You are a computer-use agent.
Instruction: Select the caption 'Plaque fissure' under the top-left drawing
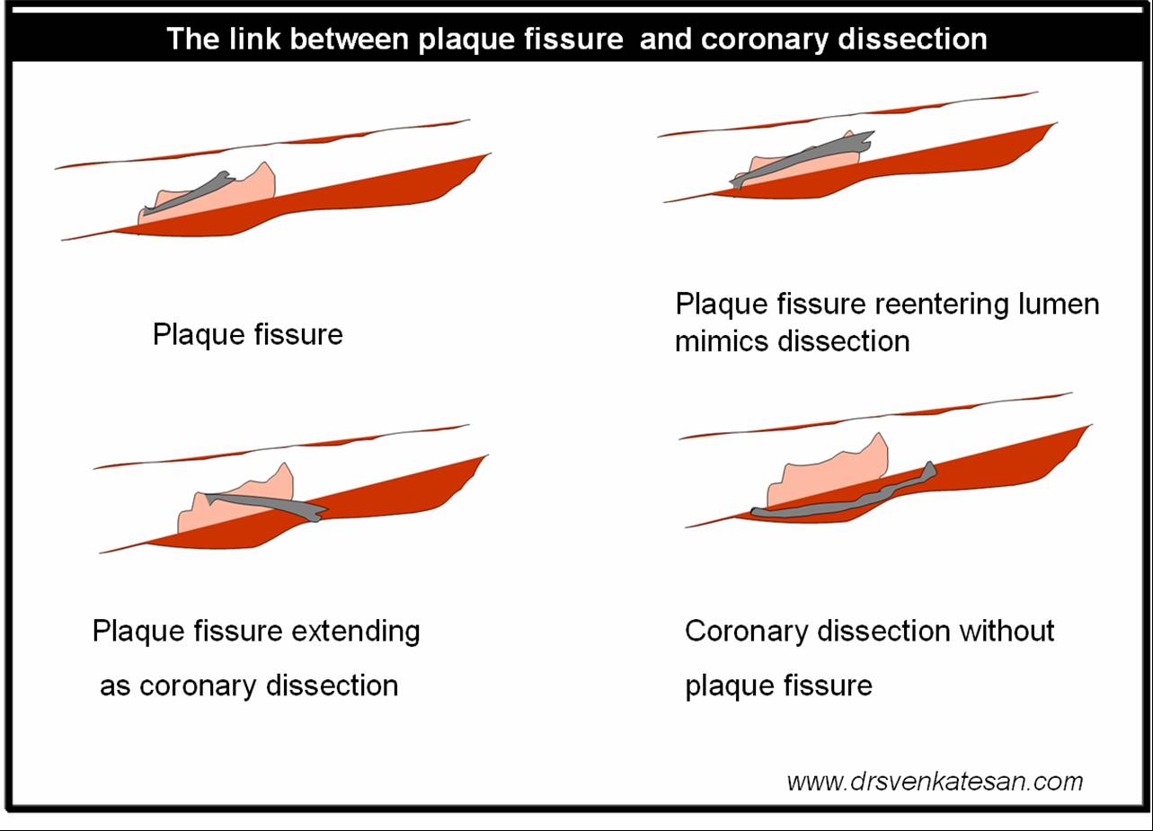pos(247,335)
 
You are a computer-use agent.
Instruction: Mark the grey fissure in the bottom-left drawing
pos(261,503)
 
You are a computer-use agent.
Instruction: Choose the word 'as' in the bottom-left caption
pos(115,686)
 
